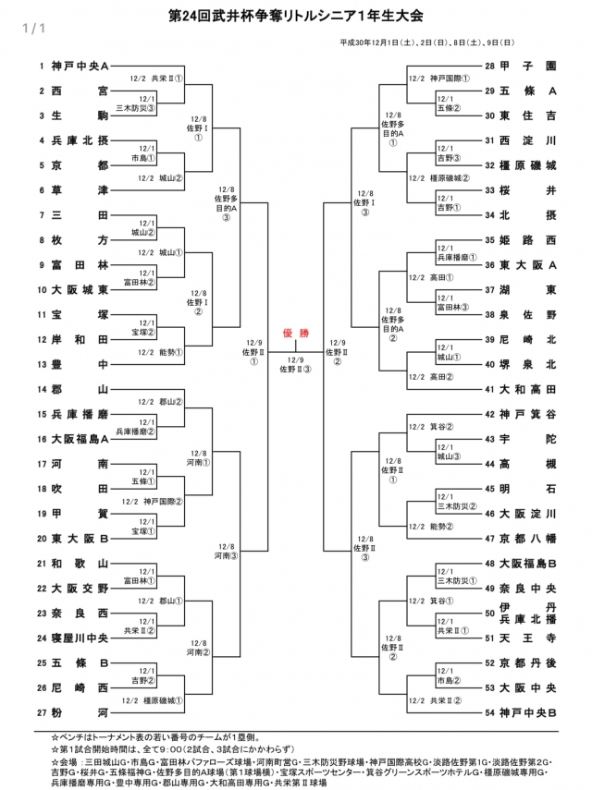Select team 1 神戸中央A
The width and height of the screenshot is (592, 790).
click(x=80, y=67)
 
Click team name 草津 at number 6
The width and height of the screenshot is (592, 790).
click(x=80, y=190)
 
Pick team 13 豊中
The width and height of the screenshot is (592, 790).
click(x=80, y=364)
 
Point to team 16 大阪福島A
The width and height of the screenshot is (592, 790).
click(x=80, y=438)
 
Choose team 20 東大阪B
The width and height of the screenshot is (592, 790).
click(x=80, y=538)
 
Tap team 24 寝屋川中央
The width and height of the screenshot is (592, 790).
click(x=80, y=638)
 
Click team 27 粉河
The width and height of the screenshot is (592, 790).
click(x=80, y=712)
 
